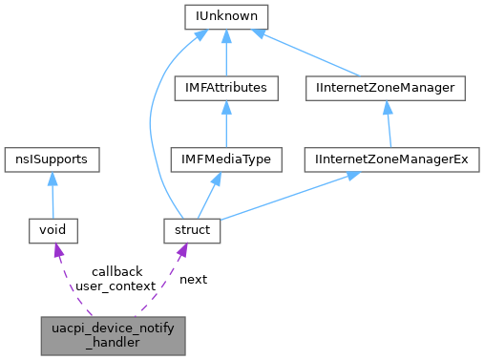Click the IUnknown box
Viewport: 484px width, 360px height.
tap(226, 17)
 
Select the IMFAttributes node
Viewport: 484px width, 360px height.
tap(226, 89)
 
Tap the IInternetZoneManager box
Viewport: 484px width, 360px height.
tap(384, 89)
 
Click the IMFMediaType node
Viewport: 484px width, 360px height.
tap(226, 159)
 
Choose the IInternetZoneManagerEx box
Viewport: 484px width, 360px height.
tap(391, 159)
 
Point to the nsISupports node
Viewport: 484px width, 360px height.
tap(53, 159)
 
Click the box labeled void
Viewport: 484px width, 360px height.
tap(53, 230)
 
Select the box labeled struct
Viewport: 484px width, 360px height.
tap(192, 230)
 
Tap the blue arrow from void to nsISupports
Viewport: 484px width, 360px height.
tap(53, 195)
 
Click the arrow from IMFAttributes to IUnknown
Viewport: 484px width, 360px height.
tap(226, 53)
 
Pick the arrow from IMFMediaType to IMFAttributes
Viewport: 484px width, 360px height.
tap(226, 124)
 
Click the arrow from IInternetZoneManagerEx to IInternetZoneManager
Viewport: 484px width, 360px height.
tap(387, 124)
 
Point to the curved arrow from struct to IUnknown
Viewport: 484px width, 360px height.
tap(153, 124)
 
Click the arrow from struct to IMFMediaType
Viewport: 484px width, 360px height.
tap(209, 195)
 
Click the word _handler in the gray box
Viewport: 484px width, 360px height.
tap(114, 342)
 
